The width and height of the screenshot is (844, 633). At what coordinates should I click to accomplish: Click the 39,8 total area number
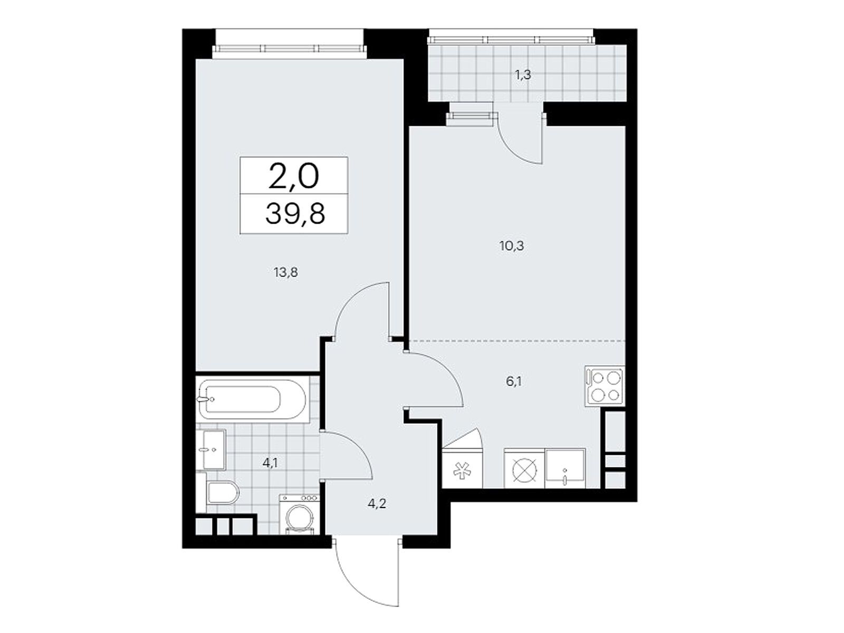pos(295,214)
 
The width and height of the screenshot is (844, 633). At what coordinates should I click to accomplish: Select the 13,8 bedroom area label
pos(286,273)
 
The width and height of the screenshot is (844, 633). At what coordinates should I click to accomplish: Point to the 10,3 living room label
pos(512,246)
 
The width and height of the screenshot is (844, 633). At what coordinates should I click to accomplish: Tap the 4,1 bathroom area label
pos(270,463)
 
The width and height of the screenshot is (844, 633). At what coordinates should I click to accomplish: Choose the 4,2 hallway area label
pos(377,503)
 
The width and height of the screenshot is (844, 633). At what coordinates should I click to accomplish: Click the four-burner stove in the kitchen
pos(605,386)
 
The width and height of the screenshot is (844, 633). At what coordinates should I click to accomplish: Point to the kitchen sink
pos(565,468)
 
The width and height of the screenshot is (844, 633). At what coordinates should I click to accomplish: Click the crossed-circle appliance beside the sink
pos(524,468)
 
